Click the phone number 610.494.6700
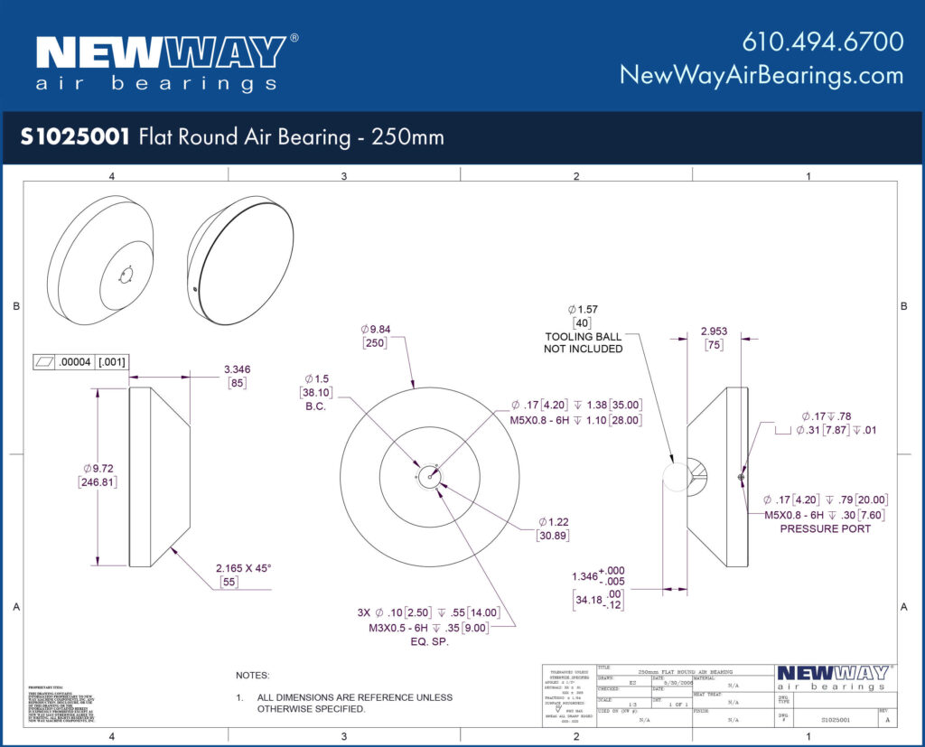(822, 42)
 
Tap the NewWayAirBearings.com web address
(761, 75)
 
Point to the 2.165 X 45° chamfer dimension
(243, 568)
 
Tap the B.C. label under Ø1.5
(315, 406)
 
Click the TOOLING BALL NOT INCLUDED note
(583, 342)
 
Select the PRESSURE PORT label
(825, 528)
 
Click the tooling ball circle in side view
(675, 476)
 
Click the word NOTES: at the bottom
(253, 675)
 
